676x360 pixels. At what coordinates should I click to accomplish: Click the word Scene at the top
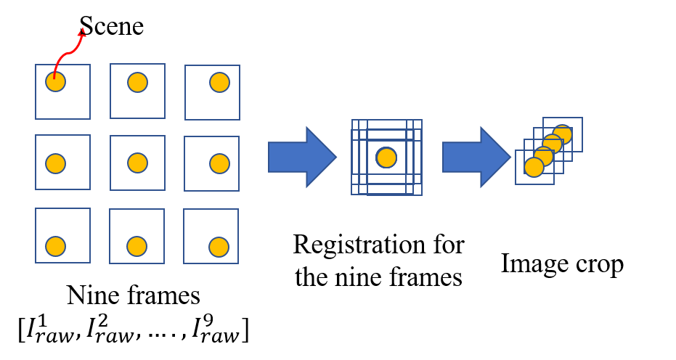coord(112,26)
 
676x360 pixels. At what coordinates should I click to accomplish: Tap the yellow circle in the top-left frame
coord(55,82)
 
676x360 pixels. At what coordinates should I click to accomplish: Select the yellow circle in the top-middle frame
coord(138,83)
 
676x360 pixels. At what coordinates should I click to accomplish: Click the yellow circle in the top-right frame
coord(219,83)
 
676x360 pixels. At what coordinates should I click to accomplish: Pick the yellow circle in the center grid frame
coord(138,163)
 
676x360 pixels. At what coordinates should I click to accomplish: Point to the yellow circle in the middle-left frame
coord(55,163)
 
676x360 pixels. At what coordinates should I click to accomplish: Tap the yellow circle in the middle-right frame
coord(219,163)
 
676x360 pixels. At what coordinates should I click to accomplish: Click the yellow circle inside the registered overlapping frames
coord(386,157)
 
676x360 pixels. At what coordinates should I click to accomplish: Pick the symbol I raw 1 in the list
coord(44,330)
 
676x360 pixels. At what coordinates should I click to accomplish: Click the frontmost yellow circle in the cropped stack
coord(534,168)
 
